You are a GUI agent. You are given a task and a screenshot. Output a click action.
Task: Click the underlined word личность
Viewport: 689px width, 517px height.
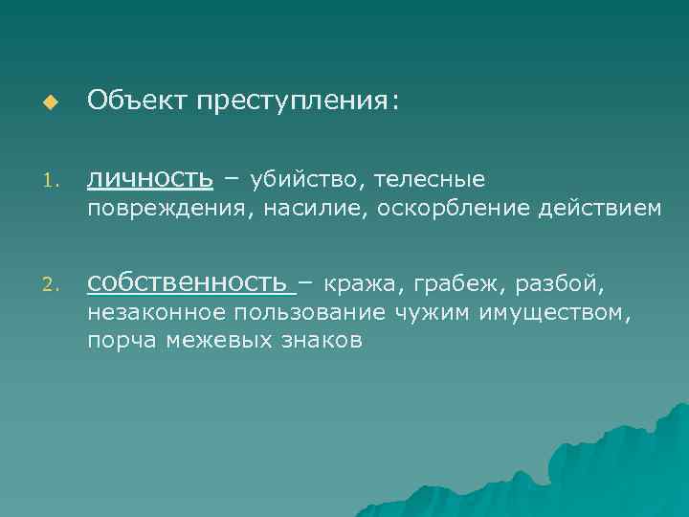(149, 178)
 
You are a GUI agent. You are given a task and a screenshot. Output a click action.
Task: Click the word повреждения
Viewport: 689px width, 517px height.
(165, 208)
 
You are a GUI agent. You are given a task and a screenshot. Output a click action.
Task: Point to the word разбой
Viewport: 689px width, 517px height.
(561, 283)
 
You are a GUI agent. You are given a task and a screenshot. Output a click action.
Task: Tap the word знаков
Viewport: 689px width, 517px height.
(322, 341)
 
